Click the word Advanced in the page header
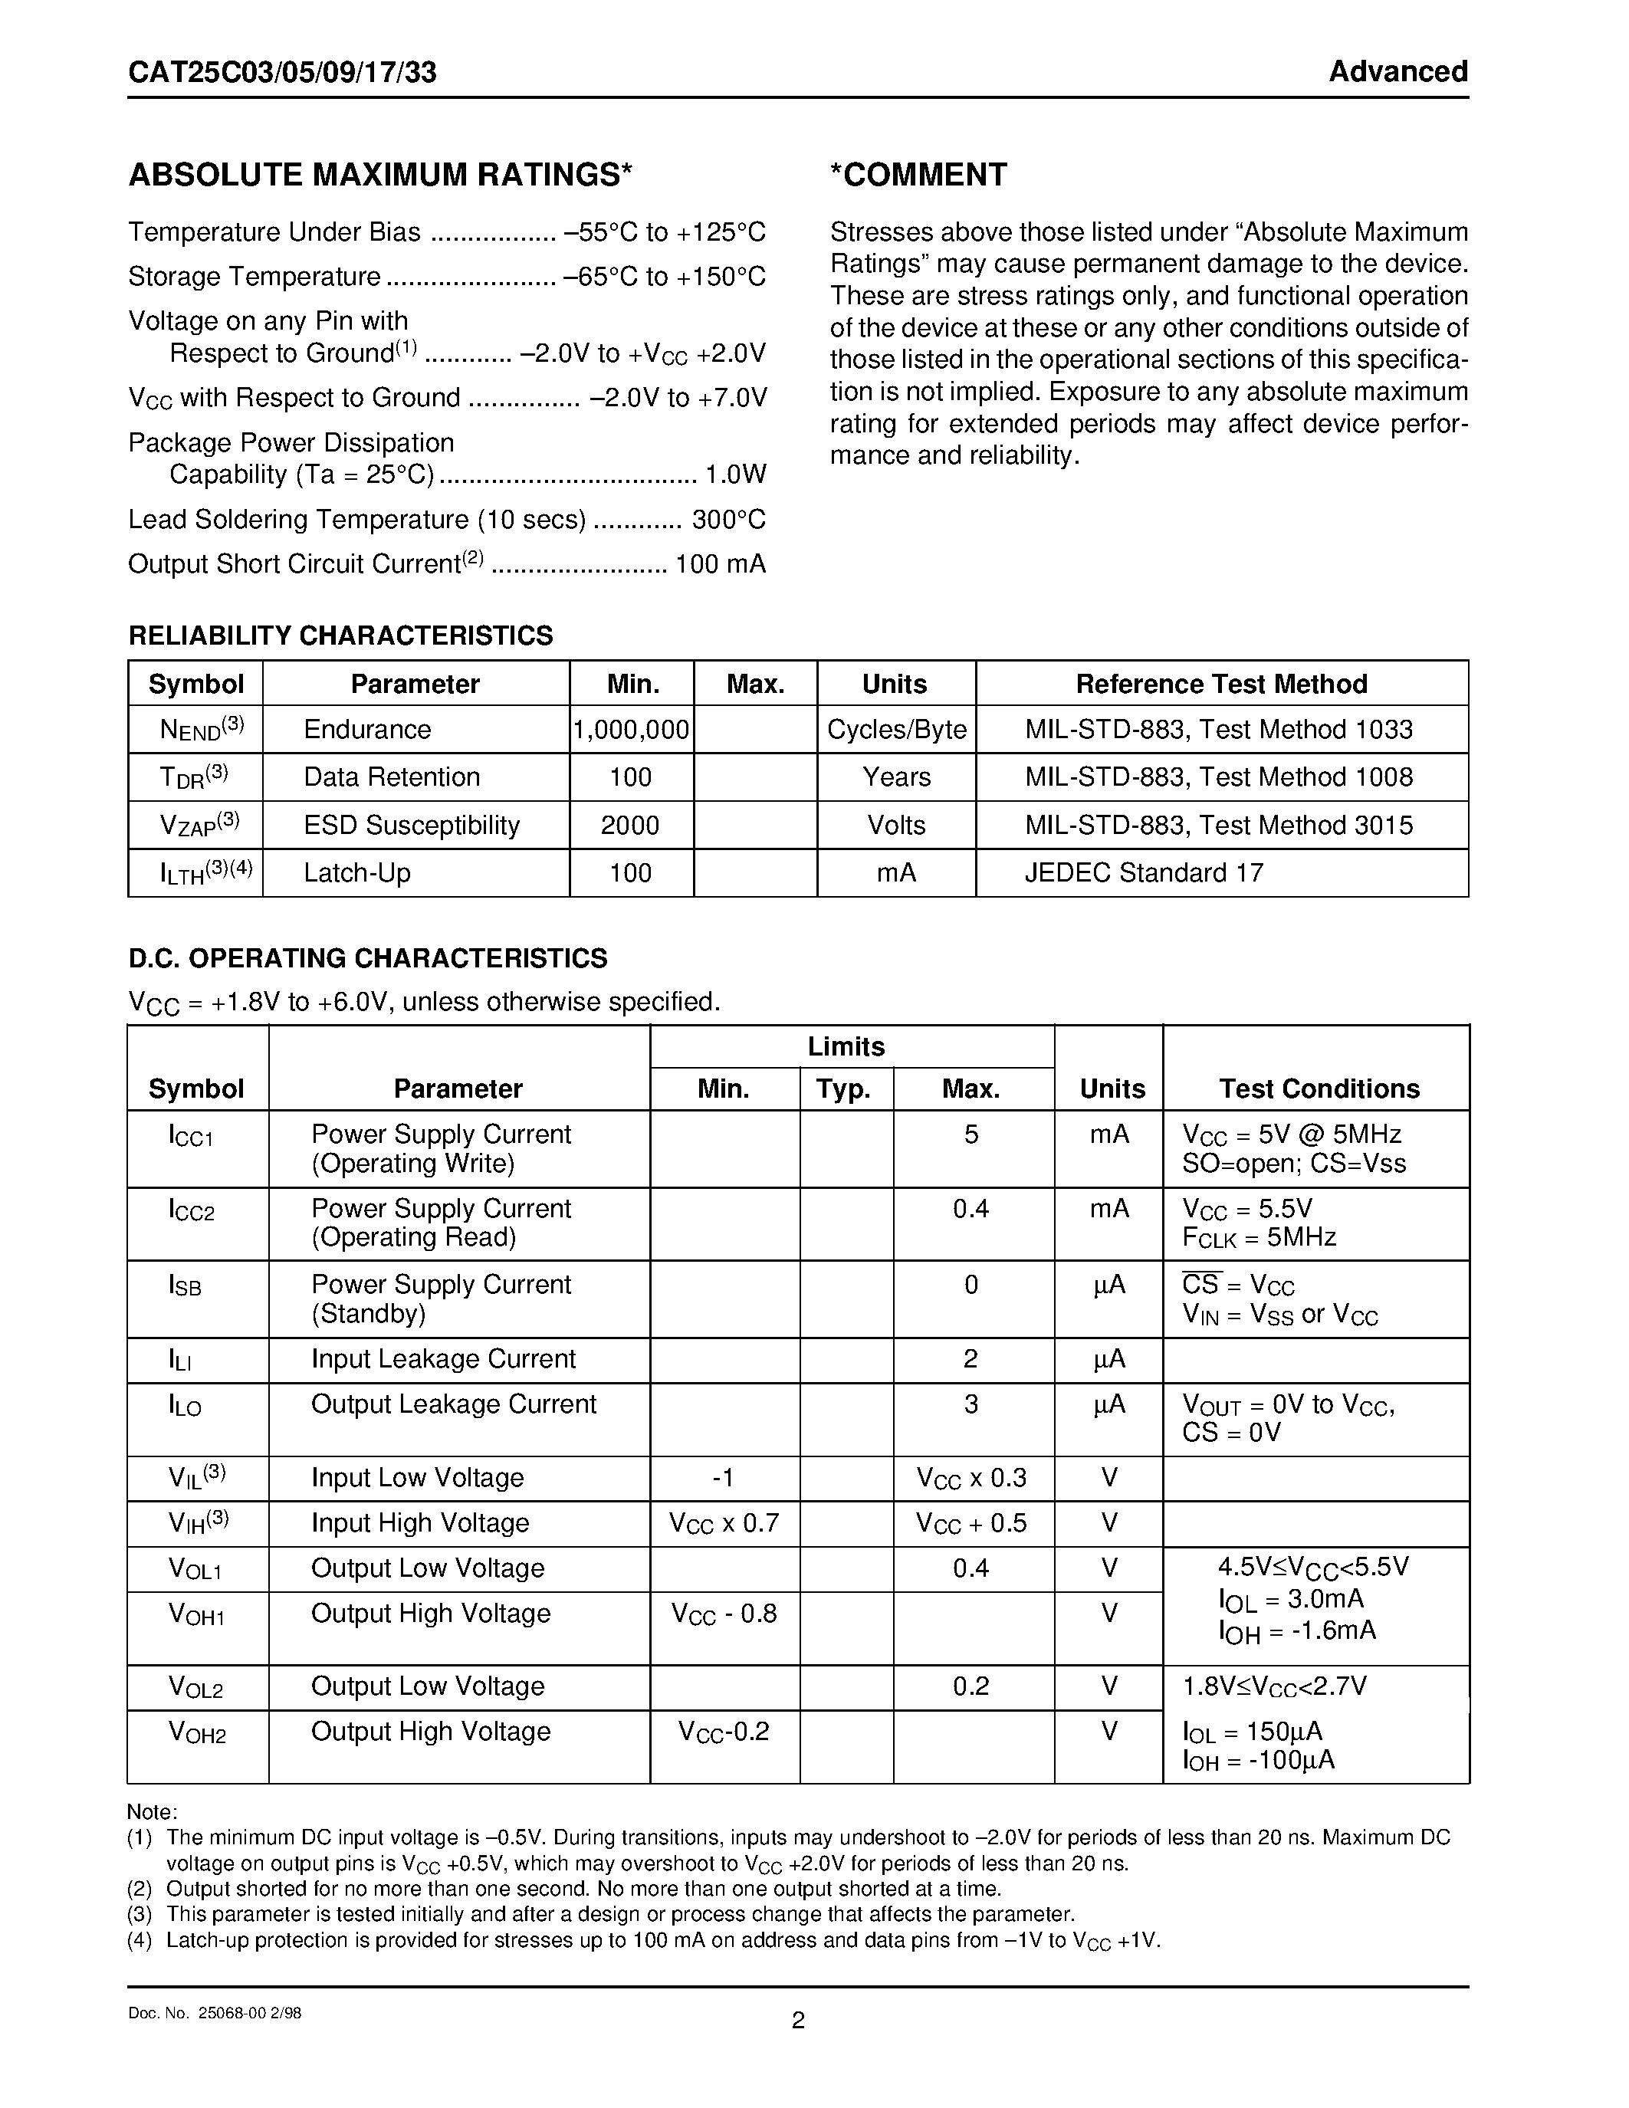[1397, 71]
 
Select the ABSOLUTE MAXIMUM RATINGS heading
[380, 175]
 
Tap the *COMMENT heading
[918, 175]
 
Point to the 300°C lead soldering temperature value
[728, 519]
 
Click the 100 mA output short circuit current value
[720, 563]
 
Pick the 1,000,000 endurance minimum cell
[631, 730]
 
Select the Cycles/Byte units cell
[897, 730]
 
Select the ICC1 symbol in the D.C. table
[190, 1136]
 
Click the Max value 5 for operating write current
[971, 1134]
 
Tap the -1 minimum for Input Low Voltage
[723, 1478]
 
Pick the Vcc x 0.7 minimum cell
[723, 1523]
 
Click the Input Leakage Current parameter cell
[443, 1359]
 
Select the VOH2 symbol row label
[197, 1732]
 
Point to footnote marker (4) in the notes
[140, 1940]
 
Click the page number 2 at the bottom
[798, 2020]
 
